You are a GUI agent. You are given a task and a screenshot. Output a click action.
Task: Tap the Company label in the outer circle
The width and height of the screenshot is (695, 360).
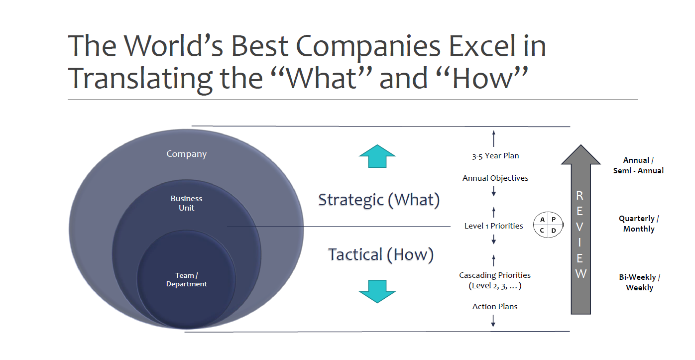pos(187,154)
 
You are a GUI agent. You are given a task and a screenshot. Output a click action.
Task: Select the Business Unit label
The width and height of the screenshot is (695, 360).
pos(187,203)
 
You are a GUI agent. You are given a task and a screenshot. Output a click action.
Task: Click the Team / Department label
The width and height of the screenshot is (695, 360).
pos(187,280)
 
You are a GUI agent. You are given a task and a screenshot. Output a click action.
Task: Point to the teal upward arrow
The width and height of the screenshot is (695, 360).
pos(377,156)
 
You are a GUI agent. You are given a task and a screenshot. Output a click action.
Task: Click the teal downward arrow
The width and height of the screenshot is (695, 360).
pos(377,291)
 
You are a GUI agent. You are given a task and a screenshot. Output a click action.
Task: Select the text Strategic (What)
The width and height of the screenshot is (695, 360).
pos(379,200)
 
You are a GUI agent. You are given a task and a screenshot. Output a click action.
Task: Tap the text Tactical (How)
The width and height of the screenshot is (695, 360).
pos(381,255)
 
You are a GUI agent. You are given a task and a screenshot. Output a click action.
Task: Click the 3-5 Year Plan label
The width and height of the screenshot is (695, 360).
pos(495,156)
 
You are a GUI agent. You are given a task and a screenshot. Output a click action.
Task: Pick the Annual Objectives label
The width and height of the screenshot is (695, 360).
pos(495,178)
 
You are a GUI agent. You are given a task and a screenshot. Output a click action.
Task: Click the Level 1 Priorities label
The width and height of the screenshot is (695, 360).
pos(494,226)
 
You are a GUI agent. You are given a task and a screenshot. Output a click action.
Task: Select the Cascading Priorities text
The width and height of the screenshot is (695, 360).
pos(495,275)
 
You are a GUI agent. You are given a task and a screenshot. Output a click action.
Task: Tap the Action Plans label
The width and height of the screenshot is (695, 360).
pos(495,307)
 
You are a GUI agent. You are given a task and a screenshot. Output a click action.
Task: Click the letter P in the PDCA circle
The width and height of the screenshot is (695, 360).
pos(553,220)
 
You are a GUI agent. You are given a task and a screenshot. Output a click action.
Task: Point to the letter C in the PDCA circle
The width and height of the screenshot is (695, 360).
pos(542,231)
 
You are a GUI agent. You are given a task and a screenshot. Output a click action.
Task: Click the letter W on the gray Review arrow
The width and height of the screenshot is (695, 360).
pos(580,274)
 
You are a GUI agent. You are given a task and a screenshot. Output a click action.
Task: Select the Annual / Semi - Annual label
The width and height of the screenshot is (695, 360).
pos(638,165)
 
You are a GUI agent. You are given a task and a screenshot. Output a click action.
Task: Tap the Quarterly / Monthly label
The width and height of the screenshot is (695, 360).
pos(639,224)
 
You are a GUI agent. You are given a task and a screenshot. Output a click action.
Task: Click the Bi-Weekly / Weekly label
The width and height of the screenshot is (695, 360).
pos(639,282)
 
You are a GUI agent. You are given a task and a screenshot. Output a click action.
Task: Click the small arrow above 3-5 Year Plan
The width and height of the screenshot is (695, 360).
pos(494,138)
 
